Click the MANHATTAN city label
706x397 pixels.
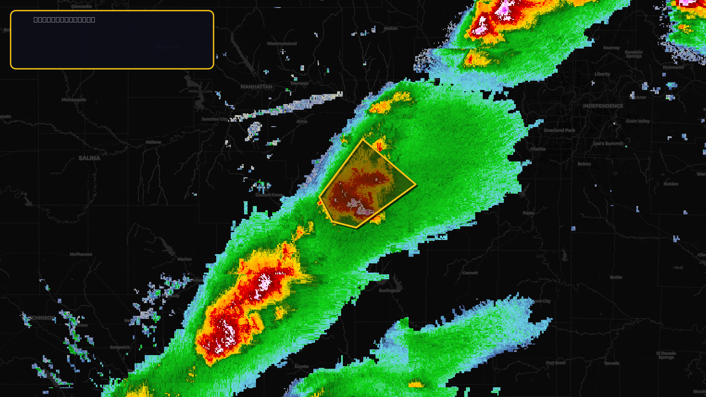click(x=256, y=87)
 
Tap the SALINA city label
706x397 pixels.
click(x=89, y=158)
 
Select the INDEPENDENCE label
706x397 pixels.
click(x=603, y=106)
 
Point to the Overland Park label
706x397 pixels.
click(x=559, y=130)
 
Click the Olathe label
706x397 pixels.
click(x=538, y=149)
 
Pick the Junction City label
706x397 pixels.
click(x=214, y=119)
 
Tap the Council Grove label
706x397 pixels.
click(x=269, y=195)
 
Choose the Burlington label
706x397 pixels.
click(x=390, y=291)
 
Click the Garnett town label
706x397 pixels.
click(x=470, y=273)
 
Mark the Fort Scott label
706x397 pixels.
click(x=556, y=363)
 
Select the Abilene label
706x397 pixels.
click(x=153, y=142)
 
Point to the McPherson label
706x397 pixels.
click(x=81, y=255)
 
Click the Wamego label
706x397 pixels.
click(x=299, y=83)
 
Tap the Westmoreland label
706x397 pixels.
click(x=282, y=44)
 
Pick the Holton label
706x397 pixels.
click(x=391, y=29)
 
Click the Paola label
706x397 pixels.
click(x=528, y=213)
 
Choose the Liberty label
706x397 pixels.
click(x=602, y=74)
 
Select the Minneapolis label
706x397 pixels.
click(x=74, y=100)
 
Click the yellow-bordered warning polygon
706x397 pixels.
click(x=366, y=185)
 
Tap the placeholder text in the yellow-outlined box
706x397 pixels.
click(x=64, y=20)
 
